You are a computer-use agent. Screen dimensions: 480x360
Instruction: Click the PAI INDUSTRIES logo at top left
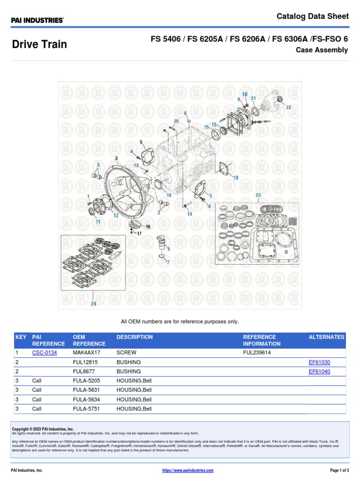tap(37, 20)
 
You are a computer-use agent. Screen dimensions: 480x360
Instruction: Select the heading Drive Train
tap(39, 45)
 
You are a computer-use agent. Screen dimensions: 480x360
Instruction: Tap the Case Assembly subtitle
tap(322, 50)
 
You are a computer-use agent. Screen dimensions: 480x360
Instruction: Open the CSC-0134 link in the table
tap(45, 352)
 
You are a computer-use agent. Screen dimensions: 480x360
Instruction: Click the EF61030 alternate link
tap(319, 362)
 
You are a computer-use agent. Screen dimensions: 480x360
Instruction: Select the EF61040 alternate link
tap(319, 372)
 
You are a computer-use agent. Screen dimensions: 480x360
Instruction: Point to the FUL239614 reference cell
tap(257, 352)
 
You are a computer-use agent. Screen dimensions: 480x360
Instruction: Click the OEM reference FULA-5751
tap(87, 409)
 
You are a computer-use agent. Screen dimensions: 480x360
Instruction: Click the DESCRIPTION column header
tap(135, 337)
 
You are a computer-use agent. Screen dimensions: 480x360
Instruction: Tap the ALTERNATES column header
tap(326, 337)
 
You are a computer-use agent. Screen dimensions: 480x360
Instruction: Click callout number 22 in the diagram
tap(288, 107)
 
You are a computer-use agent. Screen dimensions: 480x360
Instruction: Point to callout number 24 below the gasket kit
tap(94, 304)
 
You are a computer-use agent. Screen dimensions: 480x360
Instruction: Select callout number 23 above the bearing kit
tap(258, 195)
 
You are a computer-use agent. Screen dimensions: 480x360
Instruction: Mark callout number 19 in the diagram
tap(235, 178)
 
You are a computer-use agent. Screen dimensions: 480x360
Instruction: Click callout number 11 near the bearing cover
tap(98, 221)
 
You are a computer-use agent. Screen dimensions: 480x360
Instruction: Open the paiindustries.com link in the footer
tap(187, 470)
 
